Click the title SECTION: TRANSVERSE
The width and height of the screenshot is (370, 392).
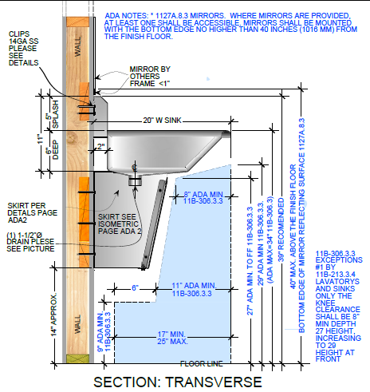(x=178, y=382)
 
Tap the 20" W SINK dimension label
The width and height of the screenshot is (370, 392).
(x=162, y=121)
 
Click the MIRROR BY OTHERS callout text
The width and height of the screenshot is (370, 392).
(x=150, y=76)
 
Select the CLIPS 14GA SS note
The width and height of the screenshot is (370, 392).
(x=23, y=49)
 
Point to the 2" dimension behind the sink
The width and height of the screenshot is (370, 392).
(x=100, y=146)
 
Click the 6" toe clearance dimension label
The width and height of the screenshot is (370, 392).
(x=135, y=288)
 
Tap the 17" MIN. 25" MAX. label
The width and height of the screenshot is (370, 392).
(x=172, y=338)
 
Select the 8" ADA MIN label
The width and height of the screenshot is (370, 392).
(x=203, y=197)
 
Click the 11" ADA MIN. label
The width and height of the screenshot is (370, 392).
(x=194, y=290)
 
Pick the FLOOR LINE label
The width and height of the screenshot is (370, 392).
(x=201, y=363)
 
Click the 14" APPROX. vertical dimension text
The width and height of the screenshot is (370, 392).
(x=54, y=315)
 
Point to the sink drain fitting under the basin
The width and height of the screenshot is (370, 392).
(x=135, y=180)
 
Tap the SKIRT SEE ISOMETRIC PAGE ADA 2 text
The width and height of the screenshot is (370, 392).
(x=120, y=224)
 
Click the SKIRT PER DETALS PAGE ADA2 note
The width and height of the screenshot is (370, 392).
(x=32, y=213)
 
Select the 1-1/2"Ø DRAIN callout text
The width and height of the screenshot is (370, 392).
(x=30, y=242)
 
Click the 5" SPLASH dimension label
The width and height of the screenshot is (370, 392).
(x=52, y=114)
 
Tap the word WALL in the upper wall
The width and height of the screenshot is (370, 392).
(x=77, y=47)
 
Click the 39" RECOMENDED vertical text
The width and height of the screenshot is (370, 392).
(x=281, y=230)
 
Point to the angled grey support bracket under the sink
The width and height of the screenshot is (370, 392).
(x=155, y=224)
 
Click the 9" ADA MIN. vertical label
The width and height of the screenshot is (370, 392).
(x=104, y=331)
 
